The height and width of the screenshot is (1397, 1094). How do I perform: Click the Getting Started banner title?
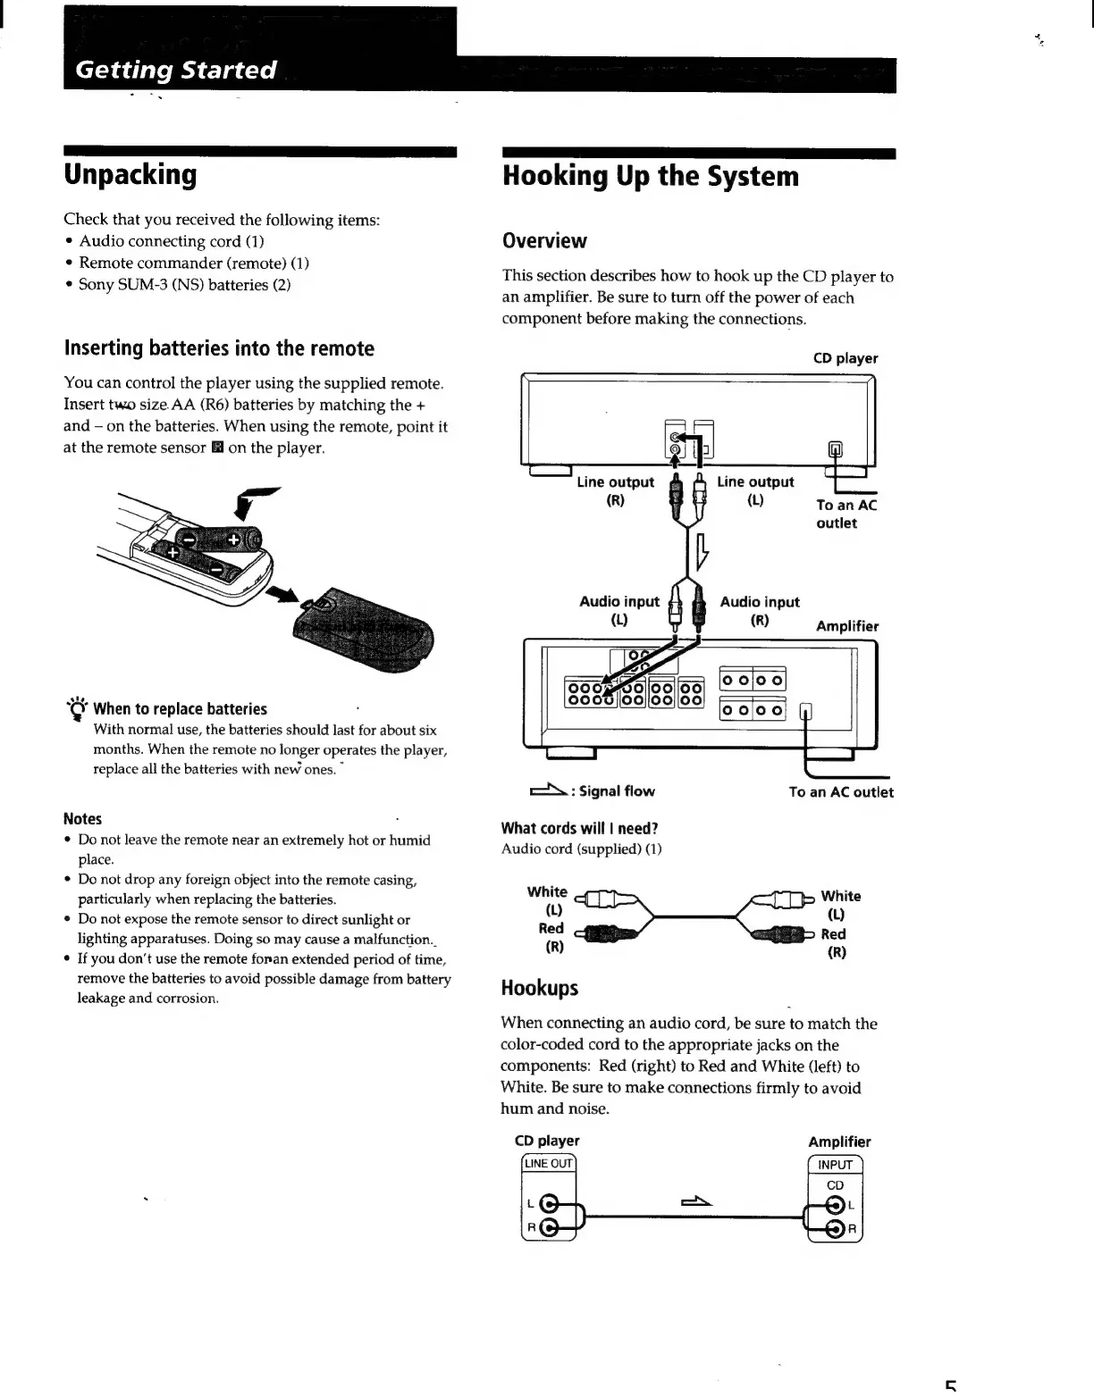coord(176,71)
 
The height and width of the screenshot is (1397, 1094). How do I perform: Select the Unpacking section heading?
coord(130,174)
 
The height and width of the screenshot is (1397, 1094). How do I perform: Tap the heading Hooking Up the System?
coord(651,176)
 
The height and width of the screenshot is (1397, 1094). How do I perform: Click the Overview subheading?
coord(544,241)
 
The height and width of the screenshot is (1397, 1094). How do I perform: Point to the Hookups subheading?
coord(539,988)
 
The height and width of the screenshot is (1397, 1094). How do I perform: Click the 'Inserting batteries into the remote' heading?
coord(219,348)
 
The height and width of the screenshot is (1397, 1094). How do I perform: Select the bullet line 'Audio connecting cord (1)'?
coord(171,241)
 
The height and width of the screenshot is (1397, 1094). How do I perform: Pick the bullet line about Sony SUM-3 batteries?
coord(184,285)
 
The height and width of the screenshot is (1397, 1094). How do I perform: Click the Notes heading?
coord(82,818)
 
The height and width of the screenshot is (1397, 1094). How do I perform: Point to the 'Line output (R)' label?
coord(615,490)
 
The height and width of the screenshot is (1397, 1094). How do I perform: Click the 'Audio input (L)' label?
coord(619,610)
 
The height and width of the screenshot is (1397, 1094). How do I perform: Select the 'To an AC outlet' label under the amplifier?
coord(840,792)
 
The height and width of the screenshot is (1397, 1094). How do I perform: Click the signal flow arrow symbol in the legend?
coord(548,790)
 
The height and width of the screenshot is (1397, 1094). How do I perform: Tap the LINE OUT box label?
coord(549,1163)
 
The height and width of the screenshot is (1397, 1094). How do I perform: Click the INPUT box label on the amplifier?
coord(835,1165)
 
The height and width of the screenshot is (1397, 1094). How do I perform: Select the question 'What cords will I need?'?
coord(579,828)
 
